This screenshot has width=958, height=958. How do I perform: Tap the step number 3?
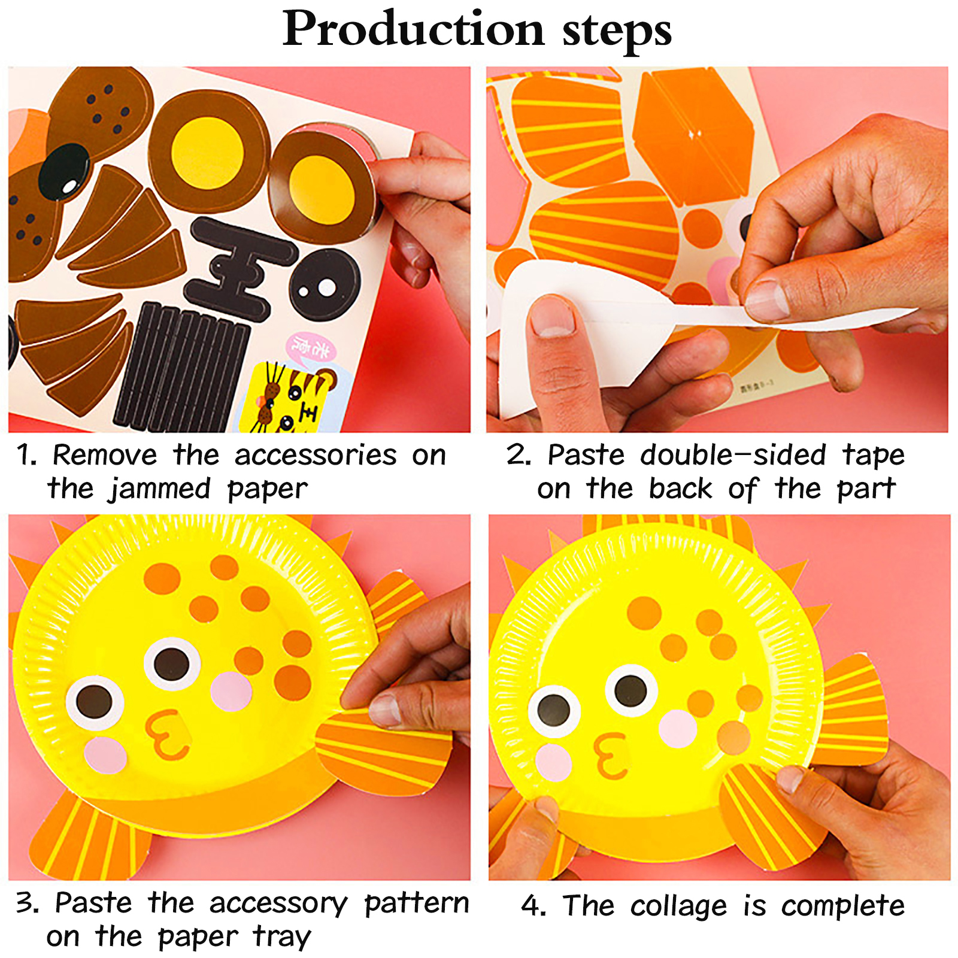coord(28,903)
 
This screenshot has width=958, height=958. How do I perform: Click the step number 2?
coord(519,455)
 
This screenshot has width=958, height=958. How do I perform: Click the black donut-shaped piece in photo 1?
coord(325,286)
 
